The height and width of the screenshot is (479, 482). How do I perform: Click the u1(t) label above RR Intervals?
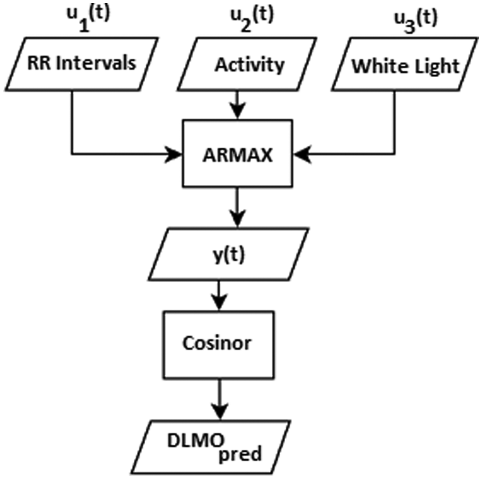point(88,18)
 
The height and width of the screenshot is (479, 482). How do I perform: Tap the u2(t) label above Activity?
point(252,19)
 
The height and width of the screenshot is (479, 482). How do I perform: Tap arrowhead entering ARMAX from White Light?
point(302,154)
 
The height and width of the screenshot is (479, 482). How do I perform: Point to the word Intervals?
point(96,63)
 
